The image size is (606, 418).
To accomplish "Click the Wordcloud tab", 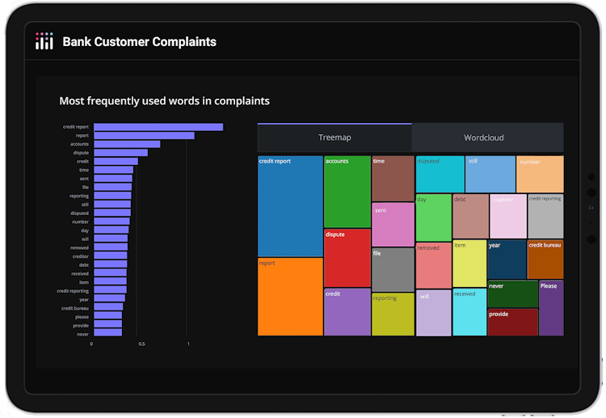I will [484, 137].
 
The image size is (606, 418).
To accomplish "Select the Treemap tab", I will [335, 137].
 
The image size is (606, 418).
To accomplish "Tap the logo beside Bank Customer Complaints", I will [44, 41].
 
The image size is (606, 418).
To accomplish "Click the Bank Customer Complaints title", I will [140, 41].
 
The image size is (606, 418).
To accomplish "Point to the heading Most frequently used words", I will [164, 101].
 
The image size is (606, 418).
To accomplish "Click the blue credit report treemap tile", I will [290, 206].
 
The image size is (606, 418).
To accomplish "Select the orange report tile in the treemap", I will [290, 296].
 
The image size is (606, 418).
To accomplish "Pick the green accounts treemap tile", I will [347, 192].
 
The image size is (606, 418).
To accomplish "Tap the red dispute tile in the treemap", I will [347, 258].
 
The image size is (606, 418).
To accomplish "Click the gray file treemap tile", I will [393, 269].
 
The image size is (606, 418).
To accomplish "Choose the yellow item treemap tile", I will [469, 264].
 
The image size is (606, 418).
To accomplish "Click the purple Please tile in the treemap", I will [551, 307].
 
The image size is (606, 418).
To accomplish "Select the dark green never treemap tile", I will [512, 293].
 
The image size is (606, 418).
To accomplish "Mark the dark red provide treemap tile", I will [512, 322].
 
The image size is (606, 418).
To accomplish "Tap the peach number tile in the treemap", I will [539, 174].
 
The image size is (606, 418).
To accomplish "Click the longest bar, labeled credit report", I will [158, 127].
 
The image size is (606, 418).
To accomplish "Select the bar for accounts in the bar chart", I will [127, 144].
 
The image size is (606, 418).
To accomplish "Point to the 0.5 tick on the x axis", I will [141, 344].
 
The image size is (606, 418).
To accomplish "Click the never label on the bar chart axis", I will [82, 333].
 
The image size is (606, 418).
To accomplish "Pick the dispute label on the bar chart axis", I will [81, 153].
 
